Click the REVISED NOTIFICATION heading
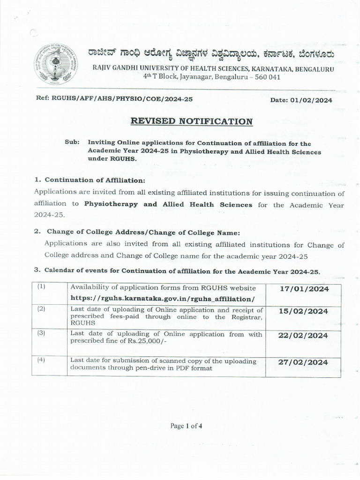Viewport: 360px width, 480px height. pos(191,121)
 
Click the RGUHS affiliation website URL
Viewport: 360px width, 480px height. pos(163,298)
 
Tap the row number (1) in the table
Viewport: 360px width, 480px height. pos(41,287)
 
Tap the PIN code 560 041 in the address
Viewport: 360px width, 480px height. pos(266,77)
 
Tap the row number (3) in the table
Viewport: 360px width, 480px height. pos(41,333)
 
